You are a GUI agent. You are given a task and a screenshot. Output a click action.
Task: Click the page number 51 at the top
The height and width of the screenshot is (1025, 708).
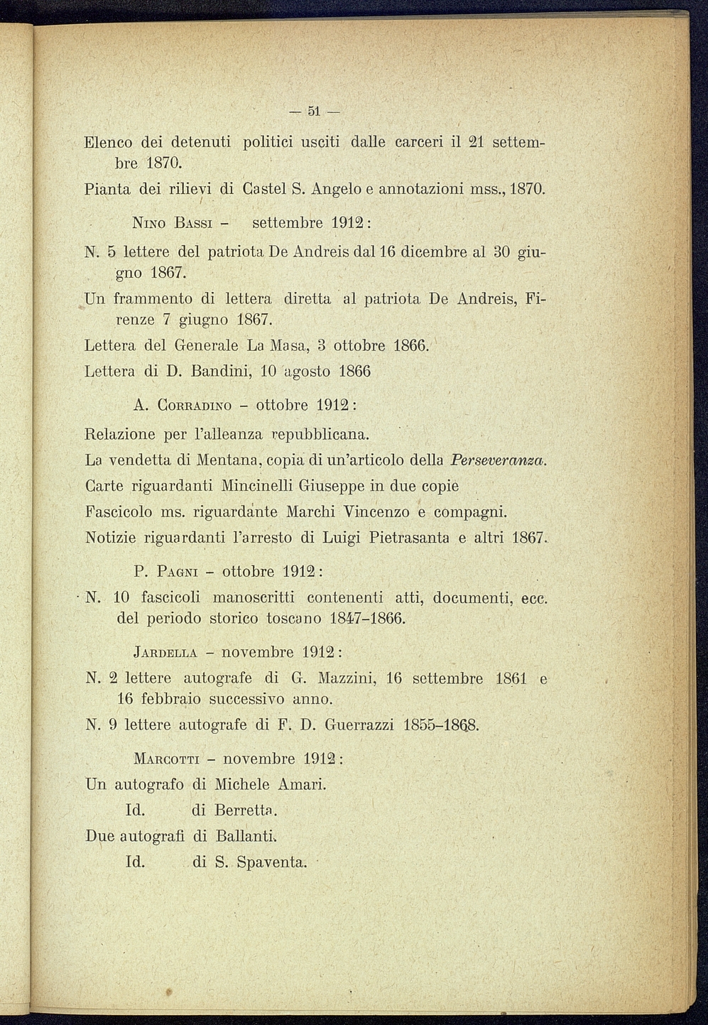click(x=315, y=111)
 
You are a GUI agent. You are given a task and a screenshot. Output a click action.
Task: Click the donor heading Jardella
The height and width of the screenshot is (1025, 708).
click(x=165, y=653)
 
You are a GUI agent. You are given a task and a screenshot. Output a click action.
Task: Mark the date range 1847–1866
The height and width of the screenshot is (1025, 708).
click(x=368, y=618)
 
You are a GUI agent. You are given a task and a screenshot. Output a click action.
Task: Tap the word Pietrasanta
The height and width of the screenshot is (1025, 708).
click(x=401, y=538)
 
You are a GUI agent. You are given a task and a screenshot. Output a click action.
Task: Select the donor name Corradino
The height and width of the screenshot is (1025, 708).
click(x=194, y=406)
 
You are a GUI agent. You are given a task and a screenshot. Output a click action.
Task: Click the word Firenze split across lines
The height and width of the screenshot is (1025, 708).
click(x=534, y=300)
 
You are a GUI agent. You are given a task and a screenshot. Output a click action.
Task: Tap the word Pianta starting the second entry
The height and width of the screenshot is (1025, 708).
click(x=107, y=190)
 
